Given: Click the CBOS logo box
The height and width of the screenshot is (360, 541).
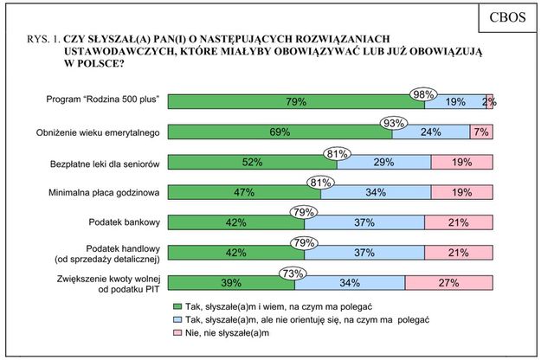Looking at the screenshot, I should coord(501,19).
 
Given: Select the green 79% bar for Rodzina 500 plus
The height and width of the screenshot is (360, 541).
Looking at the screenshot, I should coord(295,102).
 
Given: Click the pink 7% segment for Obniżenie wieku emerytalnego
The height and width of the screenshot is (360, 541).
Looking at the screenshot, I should coord(481,132).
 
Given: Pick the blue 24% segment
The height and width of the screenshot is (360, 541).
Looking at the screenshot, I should coord(430,132).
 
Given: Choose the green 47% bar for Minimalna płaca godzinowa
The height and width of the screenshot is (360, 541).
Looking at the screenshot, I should coord(244,192).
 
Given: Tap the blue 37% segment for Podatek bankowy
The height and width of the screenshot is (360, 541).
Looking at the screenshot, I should coord(364,222).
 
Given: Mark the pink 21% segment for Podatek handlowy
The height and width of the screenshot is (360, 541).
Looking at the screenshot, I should coord(459,253).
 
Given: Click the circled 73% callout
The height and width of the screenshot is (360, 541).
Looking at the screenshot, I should coord(292,273).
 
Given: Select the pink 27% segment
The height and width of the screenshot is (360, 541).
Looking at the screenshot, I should coord(449,282).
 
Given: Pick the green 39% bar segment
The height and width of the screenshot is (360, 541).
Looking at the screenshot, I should coord(229,282).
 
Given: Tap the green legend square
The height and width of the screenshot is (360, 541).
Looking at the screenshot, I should coord(177,306).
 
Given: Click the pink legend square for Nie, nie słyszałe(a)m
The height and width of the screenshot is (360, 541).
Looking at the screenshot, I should coord(177,332).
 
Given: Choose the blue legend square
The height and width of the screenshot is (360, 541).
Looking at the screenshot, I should coord(177,319).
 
